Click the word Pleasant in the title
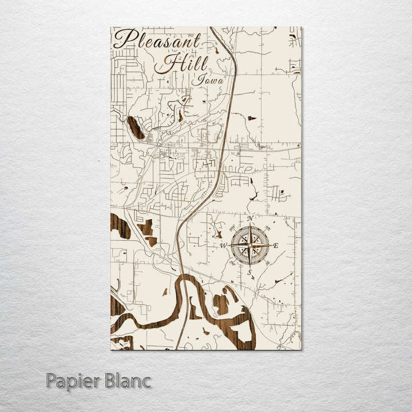click(x=157, y=40)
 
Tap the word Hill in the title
click(x=182, y=63)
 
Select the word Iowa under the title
click(x=207, y=80)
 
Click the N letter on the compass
click(x=249, y=219)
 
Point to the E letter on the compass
click(x=275, y=245)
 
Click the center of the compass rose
click(x=249, y=245)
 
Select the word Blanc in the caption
click(x=128, y=381)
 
